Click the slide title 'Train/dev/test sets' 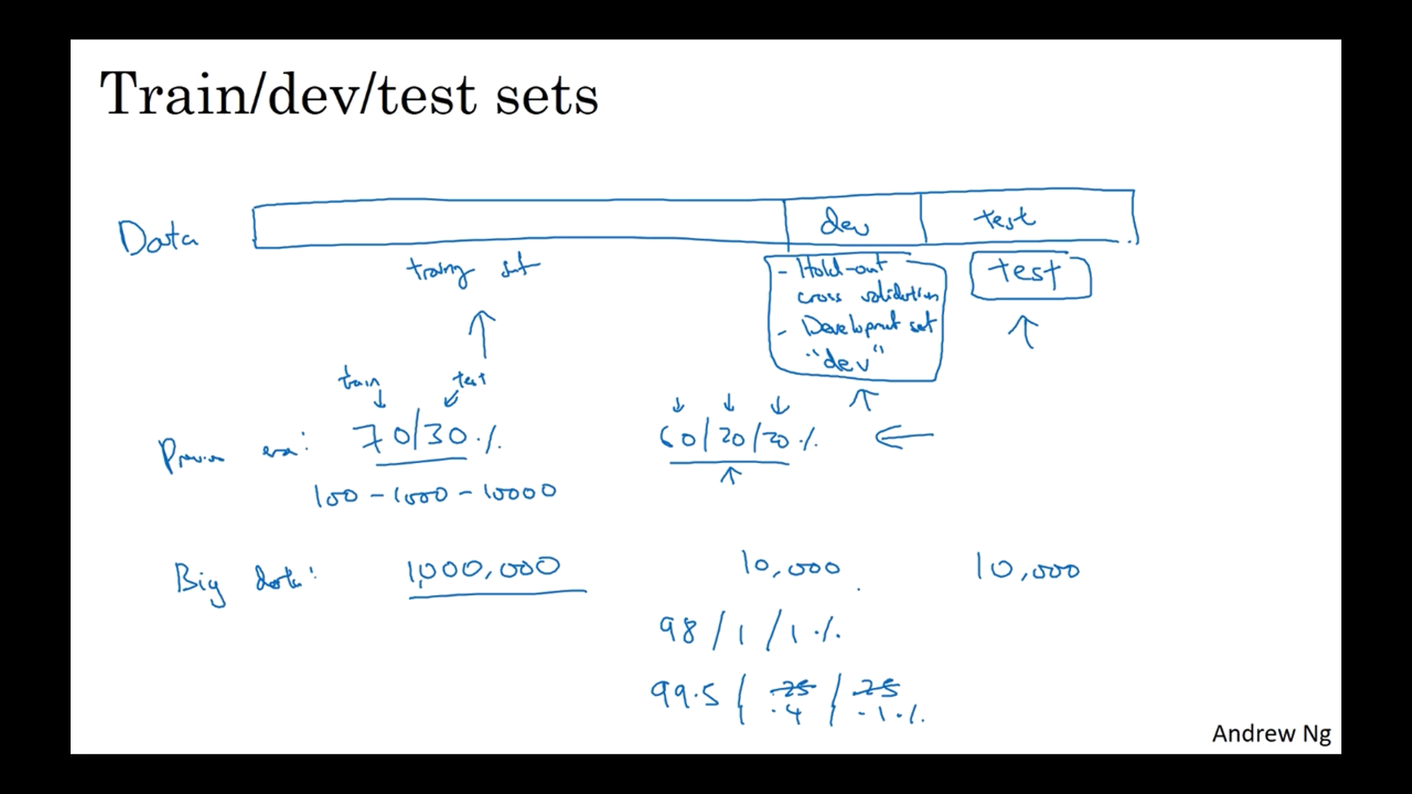tap(349, 94)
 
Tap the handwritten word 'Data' tap(157, 237)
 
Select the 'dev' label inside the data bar tap(844, 221)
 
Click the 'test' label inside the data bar tap(1005, 218)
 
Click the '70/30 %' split tap(427, 439)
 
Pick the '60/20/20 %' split tap(738, 438)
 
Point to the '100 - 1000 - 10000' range tap(435, 494)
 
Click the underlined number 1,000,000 tap(484, 568)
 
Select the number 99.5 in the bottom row tap(685, 694)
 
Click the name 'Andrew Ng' tap(1271, 734)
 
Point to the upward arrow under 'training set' tap(482, 334)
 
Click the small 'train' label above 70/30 tap(359, 381)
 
